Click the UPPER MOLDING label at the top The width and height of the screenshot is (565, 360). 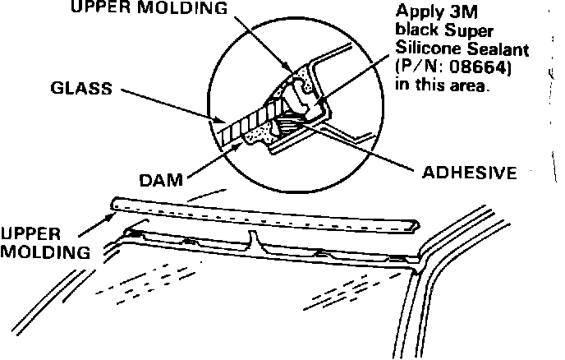pyautogui.click(x=149, y=9)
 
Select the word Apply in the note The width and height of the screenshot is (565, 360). pyautogui.click(x=418, y=12)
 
